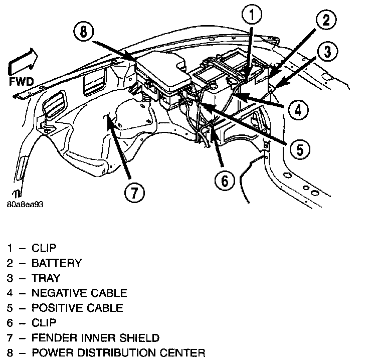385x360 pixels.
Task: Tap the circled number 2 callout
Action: point(326,21)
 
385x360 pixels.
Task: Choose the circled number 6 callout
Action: point(224,180)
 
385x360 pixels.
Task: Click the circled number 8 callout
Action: point(83,34)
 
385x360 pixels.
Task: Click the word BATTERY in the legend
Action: point(56,263)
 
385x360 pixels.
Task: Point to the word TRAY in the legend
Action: point(46,278)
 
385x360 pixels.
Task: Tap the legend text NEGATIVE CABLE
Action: point(79,293)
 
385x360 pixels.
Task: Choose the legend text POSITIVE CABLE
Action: point(77,307)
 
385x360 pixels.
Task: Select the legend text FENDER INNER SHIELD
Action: point(95,337)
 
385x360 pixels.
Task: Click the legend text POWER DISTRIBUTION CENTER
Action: point(118,352)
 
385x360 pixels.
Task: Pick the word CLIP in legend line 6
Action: point(44,322)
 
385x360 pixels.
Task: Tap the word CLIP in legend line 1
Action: point(44,248)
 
